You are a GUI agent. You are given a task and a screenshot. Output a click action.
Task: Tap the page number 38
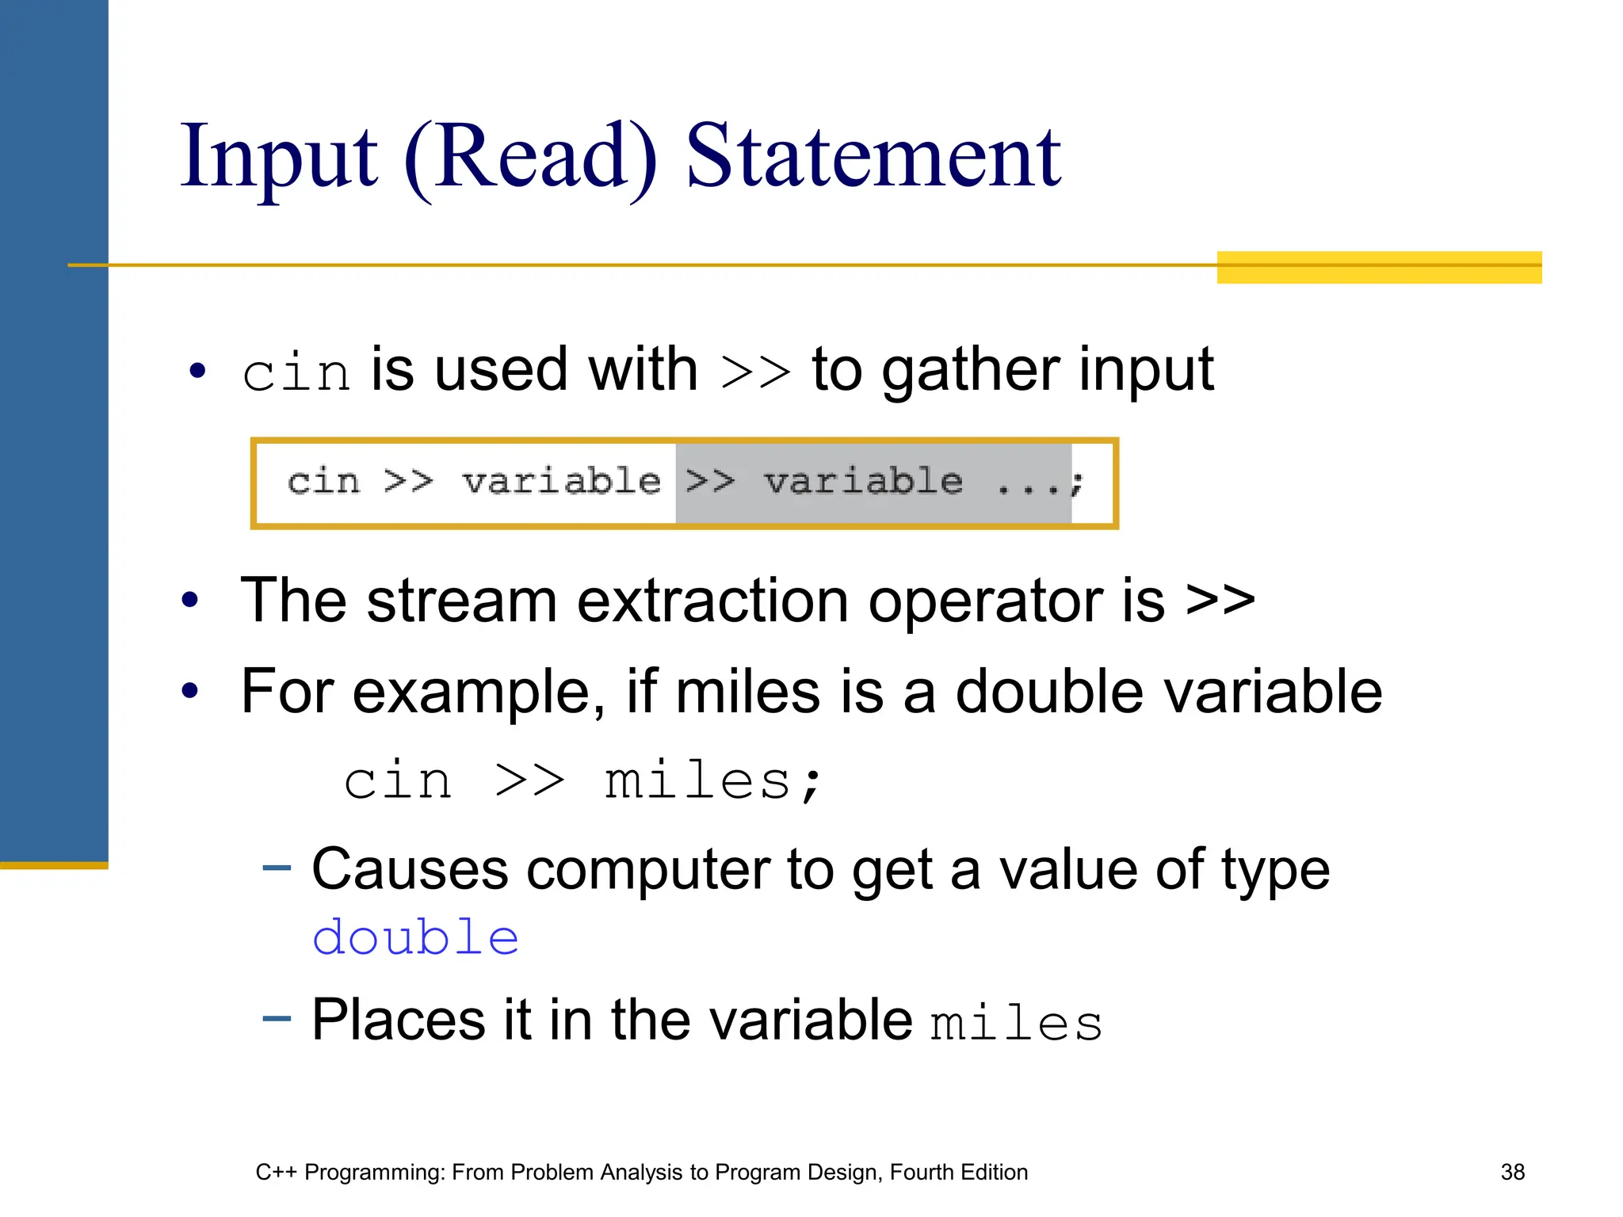click(x=1512, y=1172)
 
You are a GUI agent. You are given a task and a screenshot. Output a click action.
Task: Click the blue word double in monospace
click(x=416, y=939)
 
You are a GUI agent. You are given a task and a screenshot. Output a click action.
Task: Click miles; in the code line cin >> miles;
click(x=713, y=781)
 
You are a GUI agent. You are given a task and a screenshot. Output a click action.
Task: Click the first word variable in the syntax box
click(x=561, y=482)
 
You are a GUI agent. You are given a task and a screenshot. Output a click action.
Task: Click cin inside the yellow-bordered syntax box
click(x=323, y=482)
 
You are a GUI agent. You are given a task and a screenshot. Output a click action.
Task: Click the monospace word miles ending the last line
click(x=1016, y=1023)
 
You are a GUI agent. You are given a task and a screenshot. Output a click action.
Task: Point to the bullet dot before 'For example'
click(x=189, y=691)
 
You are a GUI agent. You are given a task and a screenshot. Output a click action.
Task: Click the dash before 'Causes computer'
click(x=277, y=868)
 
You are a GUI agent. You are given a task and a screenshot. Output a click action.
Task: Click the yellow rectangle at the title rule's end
click(x=1379, y=267)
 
